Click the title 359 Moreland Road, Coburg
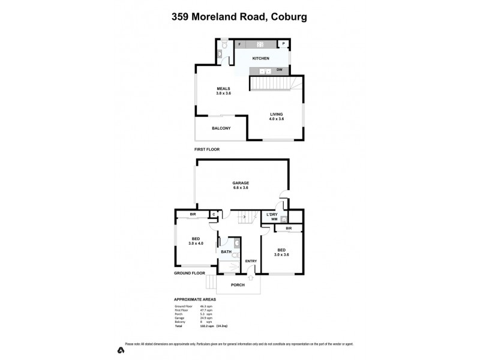point(240,17)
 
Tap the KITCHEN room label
point(260,58)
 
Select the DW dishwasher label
point(280,70)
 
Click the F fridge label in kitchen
point(239,45)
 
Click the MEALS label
point(223,89)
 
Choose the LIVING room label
point(276,114)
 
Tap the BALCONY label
point(221,128)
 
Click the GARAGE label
point(241,182)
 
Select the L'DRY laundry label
point(271,214)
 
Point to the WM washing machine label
point(274,219)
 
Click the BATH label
point(226,252)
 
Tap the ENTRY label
point(251,260)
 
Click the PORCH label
point(238,284)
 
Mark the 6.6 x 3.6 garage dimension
point(241,188)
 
